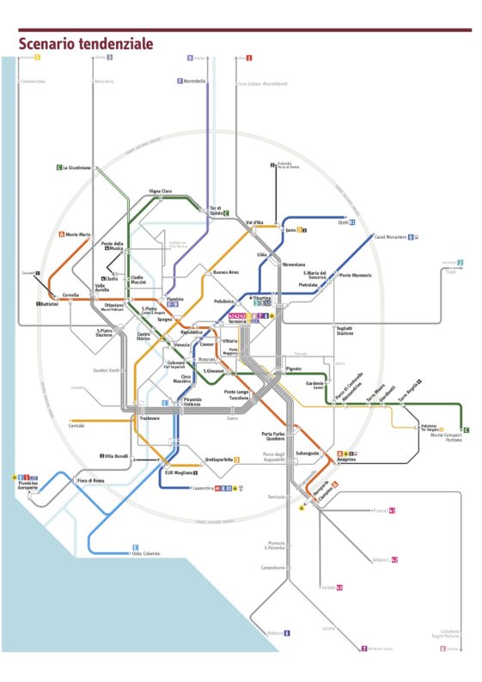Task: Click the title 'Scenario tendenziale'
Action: coord(86,43)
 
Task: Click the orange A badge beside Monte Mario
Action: coord(62,234)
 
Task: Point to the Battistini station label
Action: coord(49,303)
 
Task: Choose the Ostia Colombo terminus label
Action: coord(146,553)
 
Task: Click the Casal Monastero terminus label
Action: coord(388,236)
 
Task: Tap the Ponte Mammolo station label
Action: coord(355,275)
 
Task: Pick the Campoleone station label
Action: coord(272,568)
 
